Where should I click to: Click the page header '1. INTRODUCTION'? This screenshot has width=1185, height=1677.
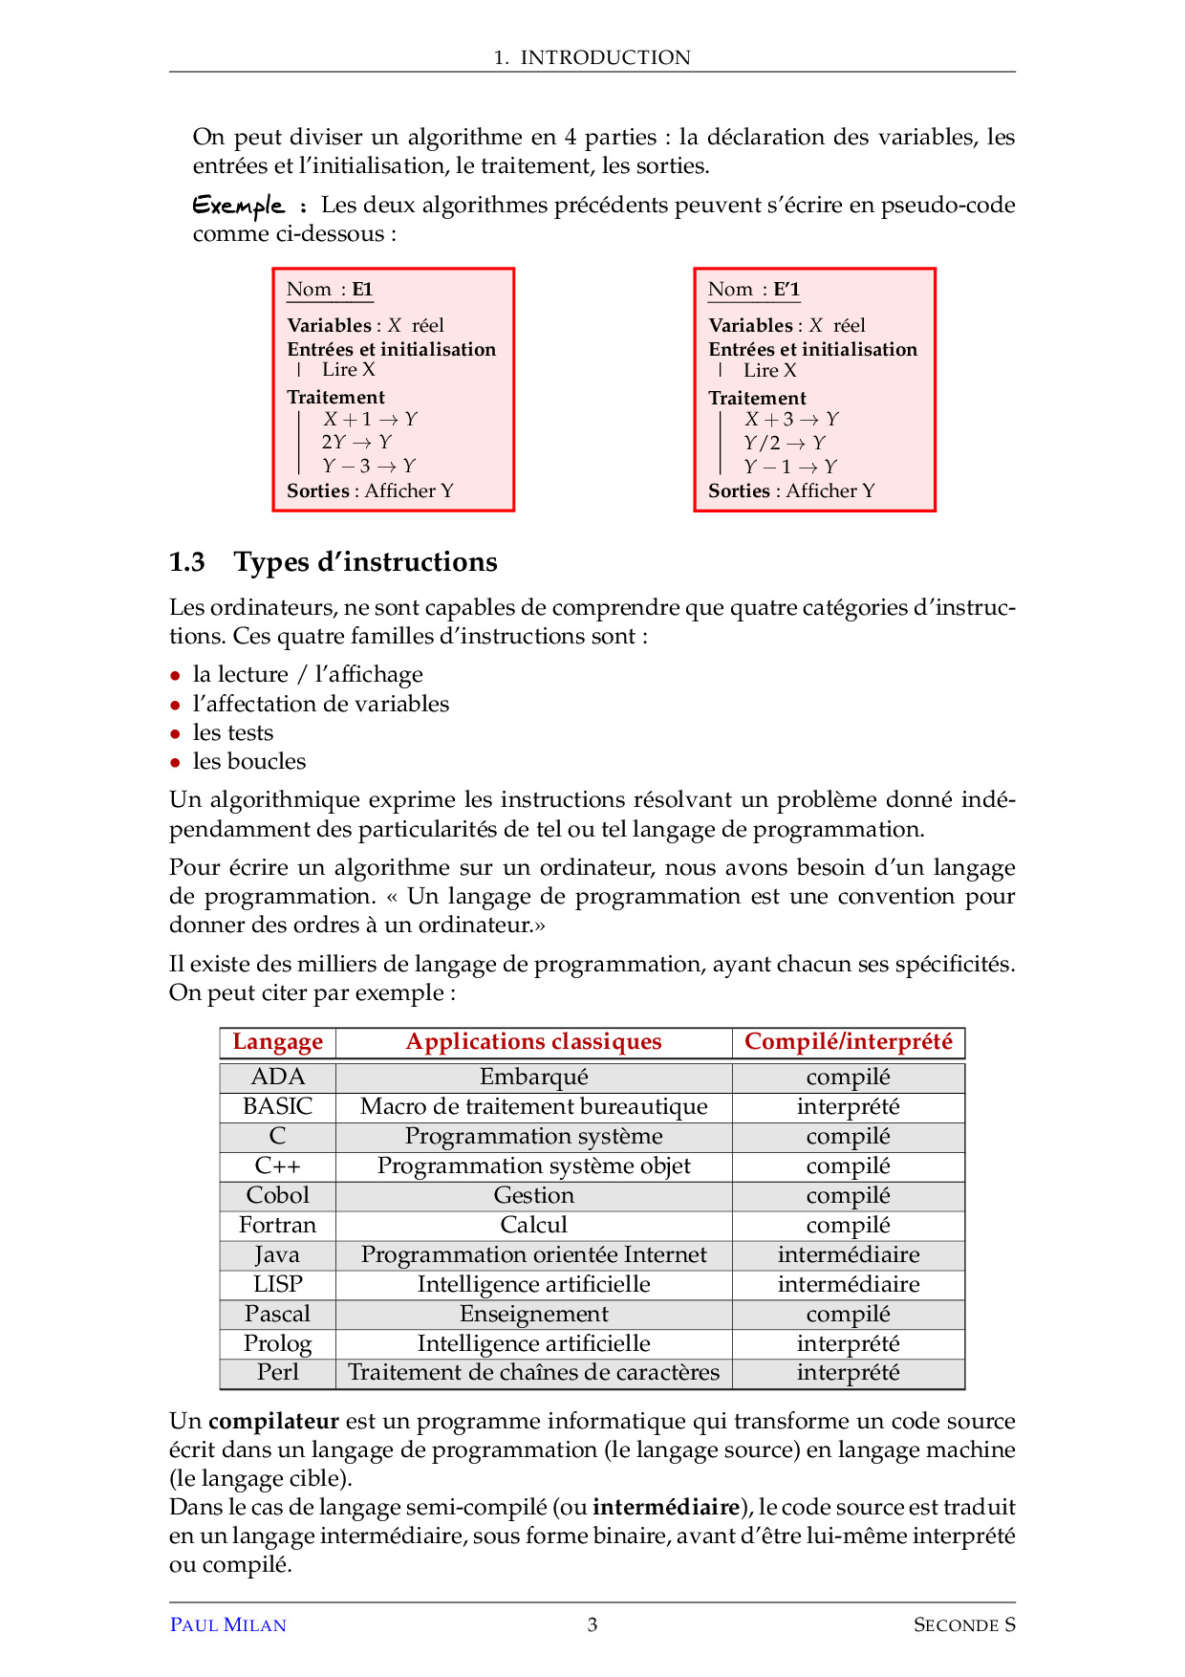point(592,57)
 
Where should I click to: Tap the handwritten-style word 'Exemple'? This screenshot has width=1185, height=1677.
point(239,206)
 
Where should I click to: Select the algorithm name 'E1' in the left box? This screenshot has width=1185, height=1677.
point(362,290)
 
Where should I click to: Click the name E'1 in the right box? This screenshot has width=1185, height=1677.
point(786,290)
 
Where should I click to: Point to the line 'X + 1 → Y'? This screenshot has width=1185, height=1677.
point(370,419)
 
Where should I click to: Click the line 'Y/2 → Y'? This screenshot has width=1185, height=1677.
point(785,443)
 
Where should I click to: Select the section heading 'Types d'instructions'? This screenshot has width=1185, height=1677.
point(365,562)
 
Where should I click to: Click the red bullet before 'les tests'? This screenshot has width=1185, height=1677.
point(175,734)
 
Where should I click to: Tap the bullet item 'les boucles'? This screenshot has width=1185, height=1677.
point(249,762)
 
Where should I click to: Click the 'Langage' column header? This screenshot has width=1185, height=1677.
point(277,1042)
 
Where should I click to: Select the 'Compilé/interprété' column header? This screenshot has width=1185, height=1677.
point(848,1042)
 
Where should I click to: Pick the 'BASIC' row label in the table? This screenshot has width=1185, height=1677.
point(277,1107)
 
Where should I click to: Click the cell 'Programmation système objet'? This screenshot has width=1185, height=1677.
point(533,1166)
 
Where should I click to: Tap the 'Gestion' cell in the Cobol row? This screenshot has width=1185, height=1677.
point(533,1196)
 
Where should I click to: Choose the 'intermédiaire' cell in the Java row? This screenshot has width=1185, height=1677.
point(848,1255)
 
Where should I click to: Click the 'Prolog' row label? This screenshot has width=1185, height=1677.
point(277,1344)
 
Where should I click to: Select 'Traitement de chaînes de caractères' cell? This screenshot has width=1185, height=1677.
point(533,1373)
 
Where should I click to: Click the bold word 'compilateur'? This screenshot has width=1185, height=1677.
point(273,1421)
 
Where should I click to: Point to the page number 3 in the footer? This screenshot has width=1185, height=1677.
point(592,1624)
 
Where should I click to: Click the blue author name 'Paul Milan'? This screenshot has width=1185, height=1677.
point(227,1625)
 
